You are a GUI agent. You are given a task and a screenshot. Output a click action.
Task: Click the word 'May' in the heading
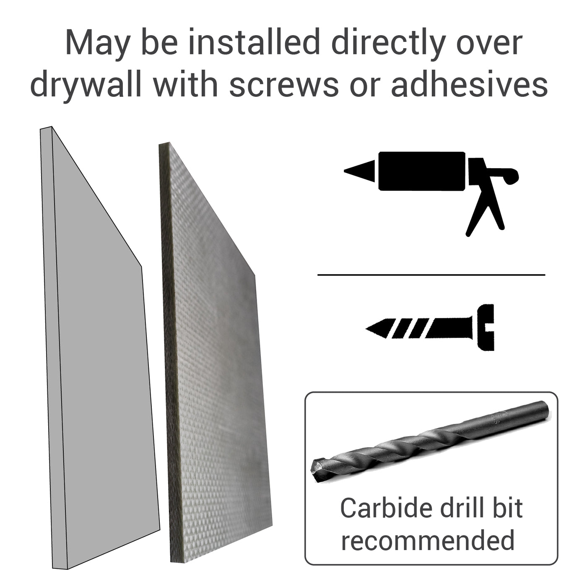tap(96, 43)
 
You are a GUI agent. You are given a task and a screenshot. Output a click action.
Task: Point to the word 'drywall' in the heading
tap(87, 84)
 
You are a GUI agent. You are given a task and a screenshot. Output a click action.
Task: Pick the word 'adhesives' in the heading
tap(469, 84)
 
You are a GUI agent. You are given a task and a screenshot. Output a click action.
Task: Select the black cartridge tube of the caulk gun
tap(422, 171)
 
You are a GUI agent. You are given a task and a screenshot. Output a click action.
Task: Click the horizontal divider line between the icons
tap(431, 275)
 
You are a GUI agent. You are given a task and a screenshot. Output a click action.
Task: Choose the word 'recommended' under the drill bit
tap(427, 540)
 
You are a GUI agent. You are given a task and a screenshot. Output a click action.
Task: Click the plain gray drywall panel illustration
tap(101, 356)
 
